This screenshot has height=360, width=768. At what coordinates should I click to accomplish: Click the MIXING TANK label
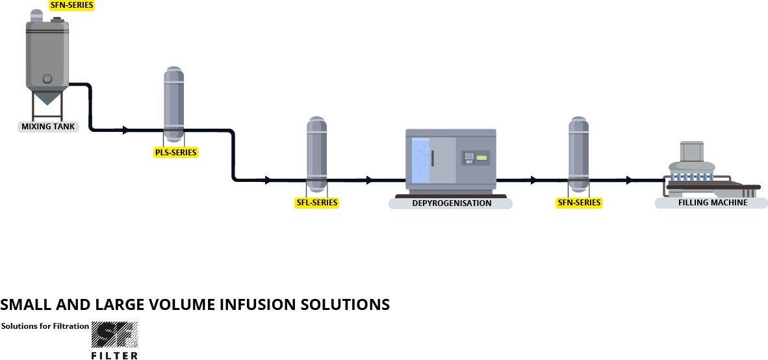tap(48, 127)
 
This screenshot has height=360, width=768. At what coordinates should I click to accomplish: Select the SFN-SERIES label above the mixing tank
tap(71, 5)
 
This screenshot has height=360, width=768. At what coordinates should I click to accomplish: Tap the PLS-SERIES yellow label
tap(175, 153)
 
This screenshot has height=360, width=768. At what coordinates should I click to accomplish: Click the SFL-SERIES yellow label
tap(317, 203)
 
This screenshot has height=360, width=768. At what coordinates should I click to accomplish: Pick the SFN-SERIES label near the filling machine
tap(580, 203)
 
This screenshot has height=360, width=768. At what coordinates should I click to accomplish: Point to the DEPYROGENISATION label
tap(451, 203)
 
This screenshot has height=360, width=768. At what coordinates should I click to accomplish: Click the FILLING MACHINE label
tap(712, 203)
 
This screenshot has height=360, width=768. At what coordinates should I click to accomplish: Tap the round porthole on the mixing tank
tap(47, 79)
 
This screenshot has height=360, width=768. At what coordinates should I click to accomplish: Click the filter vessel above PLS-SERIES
tap(173, 104)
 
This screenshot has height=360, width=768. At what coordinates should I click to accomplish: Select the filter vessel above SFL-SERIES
tap(317, 154)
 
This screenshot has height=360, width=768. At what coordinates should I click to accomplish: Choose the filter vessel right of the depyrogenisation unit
tap(579, 154)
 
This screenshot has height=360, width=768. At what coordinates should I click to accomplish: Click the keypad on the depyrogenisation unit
tap(467, 157)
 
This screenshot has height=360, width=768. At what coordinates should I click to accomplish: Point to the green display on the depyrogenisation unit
tap(481, 158)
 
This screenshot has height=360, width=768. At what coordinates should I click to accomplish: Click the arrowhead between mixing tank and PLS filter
tap(125, 131)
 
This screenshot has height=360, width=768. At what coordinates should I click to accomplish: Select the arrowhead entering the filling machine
tap(629, 180)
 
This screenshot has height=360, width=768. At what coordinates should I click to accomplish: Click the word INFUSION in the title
tap(259, 304)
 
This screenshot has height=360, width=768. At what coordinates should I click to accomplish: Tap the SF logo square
tap(114, 335)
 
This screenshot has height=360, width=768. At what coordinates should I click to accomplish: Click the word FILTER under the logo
tap(114, 355)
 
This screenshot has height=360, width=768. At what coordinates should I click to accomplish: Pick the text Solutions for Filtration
tap(45, 326)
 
